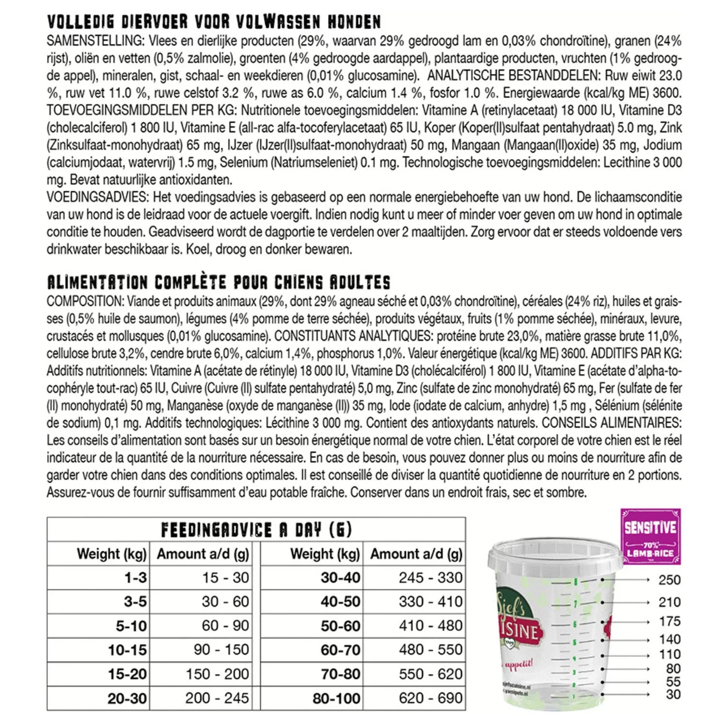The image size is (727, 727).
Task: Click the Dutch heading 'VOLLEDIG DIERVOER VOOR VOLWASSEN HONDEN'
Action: coord(214,22)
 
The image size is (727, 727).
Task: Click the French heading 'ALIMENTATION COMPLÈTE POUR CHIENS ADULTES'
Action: coord(219,283)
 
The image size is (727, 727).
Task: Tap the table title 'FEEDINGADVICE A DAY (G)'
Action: coord(256,530)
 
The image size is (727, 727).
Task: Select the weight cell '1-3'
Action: coord(135,578)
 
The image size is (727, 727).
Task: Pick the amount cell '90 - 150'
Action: coord(221,649)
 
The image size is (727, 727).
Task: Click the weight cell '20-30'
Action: coord(127,698)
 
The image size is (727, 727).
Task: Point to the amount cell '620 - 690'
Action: coord(430,698)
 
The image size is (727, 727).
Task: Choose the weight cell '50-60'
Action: coord(340,626)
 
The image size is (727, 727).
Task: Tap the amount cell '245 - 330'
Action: coord(430,578)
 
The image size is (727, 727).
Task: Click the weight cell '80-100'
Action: coord(336,698)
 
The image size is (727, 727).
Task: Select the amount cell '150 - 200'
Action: coord(217,674)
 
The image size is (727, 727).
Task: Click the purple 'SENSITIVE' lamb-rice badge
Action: coord(650,536)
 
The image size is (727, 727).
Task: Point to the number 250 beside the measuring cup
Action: coord(669,580)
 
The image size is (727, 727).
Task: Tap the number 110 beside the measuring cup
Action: coord(669,654)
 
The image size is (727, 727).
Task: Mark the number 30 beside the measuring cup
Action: coord(673,694)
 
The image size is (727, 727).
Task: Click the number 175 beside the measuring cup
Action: coord(669,621)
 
